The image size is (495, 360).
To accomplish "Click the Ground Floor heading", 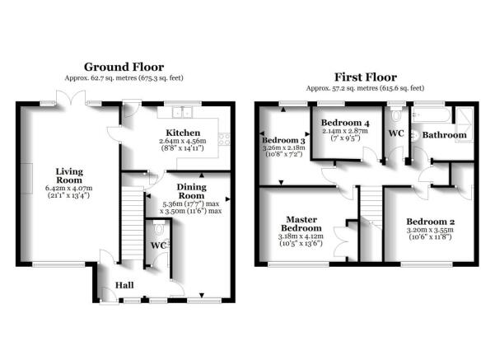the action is point(124,67).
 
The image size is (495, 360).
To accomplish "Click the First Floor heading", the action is point(365,77).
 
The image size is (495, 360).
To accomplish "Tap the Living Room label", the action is point(69,176).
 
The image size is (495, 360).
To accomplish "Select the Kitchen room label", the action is point(183,133).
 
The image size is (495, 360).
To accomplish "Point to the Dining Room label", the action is point(191,191).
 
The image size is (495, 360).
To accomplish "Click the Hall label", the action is point(124,286).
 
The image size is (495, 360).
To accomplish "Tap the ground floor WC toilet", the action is point(159,227).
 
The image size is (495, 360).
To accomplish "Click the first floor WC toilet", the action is point(396,115).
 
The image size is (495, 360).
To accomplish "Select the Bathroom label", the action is point(444,135).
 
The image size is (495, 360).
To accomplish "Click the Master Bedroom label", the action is point(301,223).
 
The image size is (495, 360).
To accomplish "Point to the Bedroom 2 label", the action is point(430,222).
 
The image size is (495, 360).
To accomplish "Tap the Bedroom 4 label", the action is point(345,123).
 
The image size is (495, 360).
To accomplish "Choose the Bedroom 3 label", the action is point(283,140).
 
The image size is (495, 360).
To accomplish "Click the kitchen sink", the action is point(182,112).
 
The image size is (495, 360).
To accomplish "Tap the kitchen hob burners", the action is point(225,139).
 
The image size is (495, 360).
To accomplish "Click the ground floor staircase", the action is point(133,223).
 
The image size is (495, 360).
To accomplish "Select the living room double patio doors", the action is point(71,97).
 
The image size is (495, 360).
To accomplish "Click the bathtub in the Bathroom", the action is point(431,115).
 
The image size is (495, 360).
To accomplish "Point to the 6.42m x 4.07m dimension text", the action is point(69,188).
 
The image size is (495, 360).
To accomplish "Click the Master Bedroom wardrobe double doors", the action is point(342,242).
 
